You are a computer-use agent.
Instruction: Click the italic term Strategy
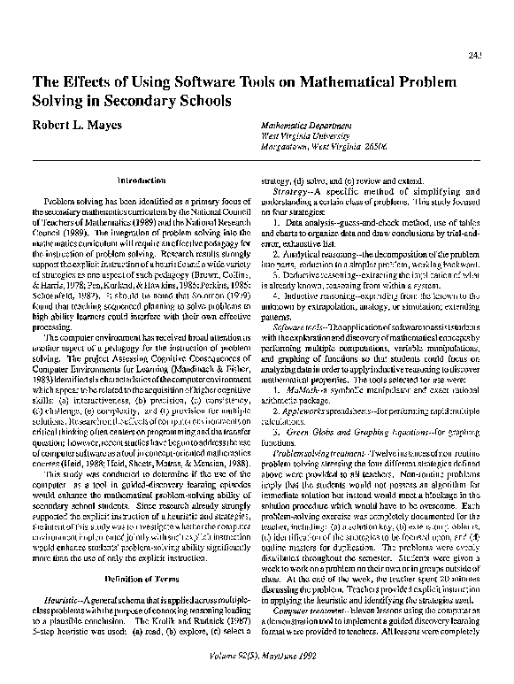click(292, 190)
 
